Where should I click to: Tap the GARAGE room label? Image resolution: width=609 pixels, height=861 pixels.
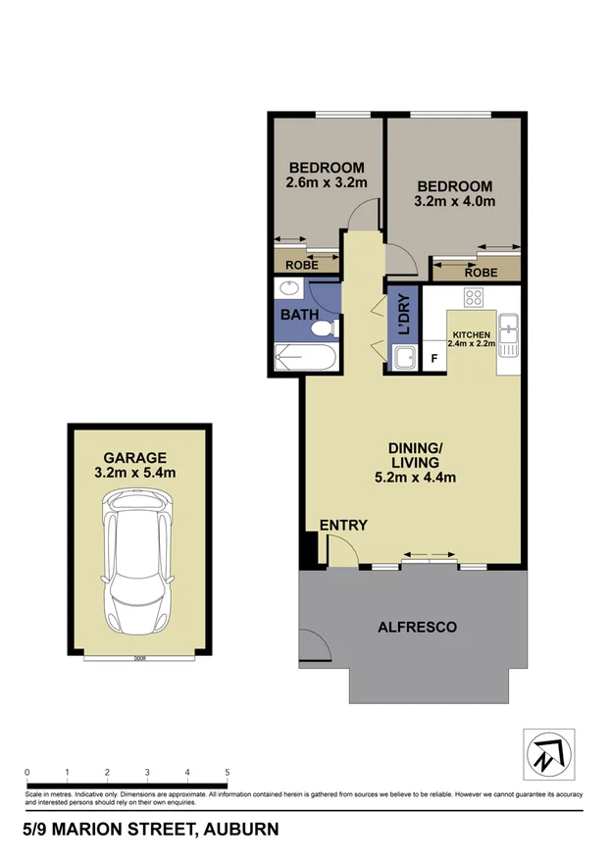tap(135, 457)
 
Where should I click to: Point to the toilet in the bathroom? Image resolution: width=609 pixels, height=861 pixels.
tap(330, 327)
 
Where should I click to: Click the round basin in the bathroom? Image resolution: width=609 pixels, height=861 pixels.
tap(288, 289)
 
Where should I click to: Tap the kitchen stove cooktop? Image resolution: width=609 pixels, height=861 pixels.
tap(474, 298)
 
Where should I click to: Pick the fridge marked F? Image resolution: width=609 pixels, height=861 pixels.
tap(433, 358)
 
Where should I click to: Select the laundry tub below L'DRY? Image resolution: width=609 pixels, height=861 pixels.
tap(403, 358)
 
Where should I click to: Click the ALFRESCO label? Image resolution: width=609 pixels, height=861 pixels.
tap(417, 627)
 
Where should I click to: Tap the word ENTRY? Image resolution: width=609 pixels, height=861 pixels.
tap(343, 526)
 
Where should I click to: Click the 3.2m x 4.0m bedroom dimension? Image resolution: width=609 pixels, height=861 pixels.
tap(454, 202)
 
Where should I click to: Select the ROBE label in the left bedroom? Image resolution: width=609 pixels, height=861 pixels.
tap(301, 264)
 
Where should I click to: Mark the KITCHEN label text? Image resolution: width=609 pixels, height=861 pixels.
tap(471, 334)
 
